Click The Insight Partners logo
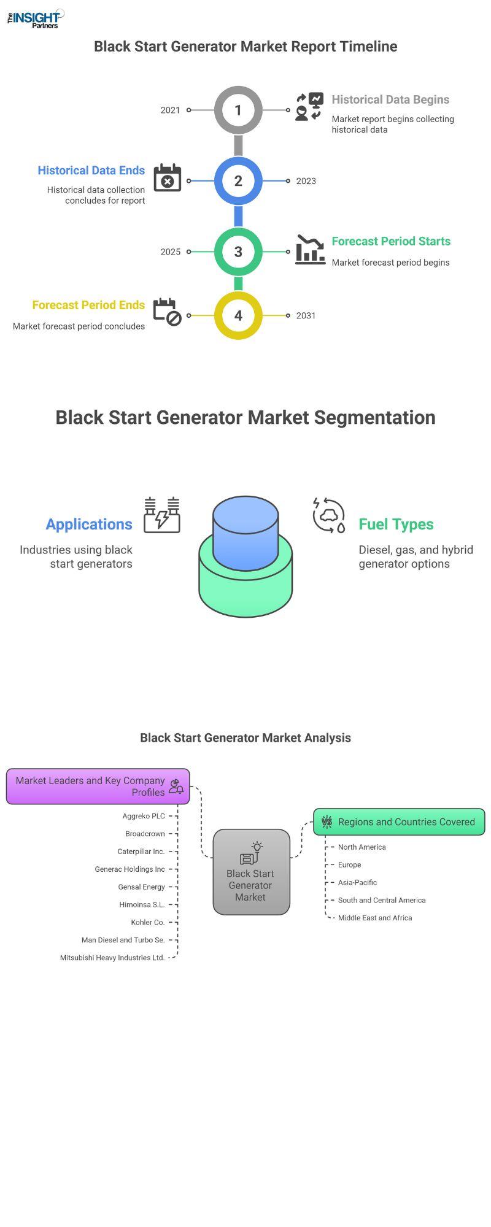(x=36, y=18)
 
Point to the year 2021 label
(x=171, y=110)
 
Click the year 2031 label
(x=306, y=315)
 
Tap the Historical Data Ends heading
(x=91, y=171)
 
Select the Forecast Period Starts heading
(x=391, y=241)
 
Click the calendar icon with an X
(x=167, y=178)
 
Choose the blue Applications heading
(x=89, y=525)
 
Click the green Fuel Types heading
(x=396, y=525)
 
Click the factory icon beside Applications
(x=162, y=515)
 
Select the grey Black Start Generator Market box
(x=251, y=872)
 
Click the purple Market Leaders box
(x=98, y=787)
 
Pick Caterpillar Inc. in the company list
(x=141, y=852)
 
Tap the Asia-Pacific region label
(x=357, y=882)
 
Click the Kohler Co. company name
(x=148, y=922)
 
